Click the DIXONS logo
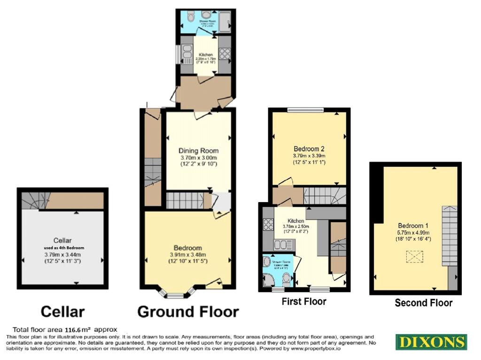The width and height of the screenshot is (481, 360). coord(431,342)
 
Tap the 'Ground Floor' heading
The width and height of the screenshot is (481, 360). coord(188,311)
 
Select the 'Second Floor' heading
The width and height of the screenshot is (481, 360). coord(423,303)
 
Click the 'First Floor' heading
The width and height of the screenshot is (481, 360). coord(304,301)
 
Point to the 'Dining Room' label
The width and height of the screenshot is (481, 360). coord(198,150)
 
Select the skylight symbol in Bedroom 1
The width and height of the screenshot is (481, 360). coord(414,257)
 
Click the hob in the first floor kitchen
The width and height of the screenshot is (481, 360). coord(268,225)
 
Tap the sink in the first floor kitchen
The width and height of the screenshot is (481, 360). coord(284,244)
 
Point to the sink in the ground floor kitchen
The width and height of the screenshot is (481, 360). coord(187,53)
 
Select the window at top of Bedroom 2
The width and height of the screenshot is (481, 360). coord(305,110)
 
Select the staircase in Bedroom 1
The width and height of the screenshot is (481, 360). coord(449,235)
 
